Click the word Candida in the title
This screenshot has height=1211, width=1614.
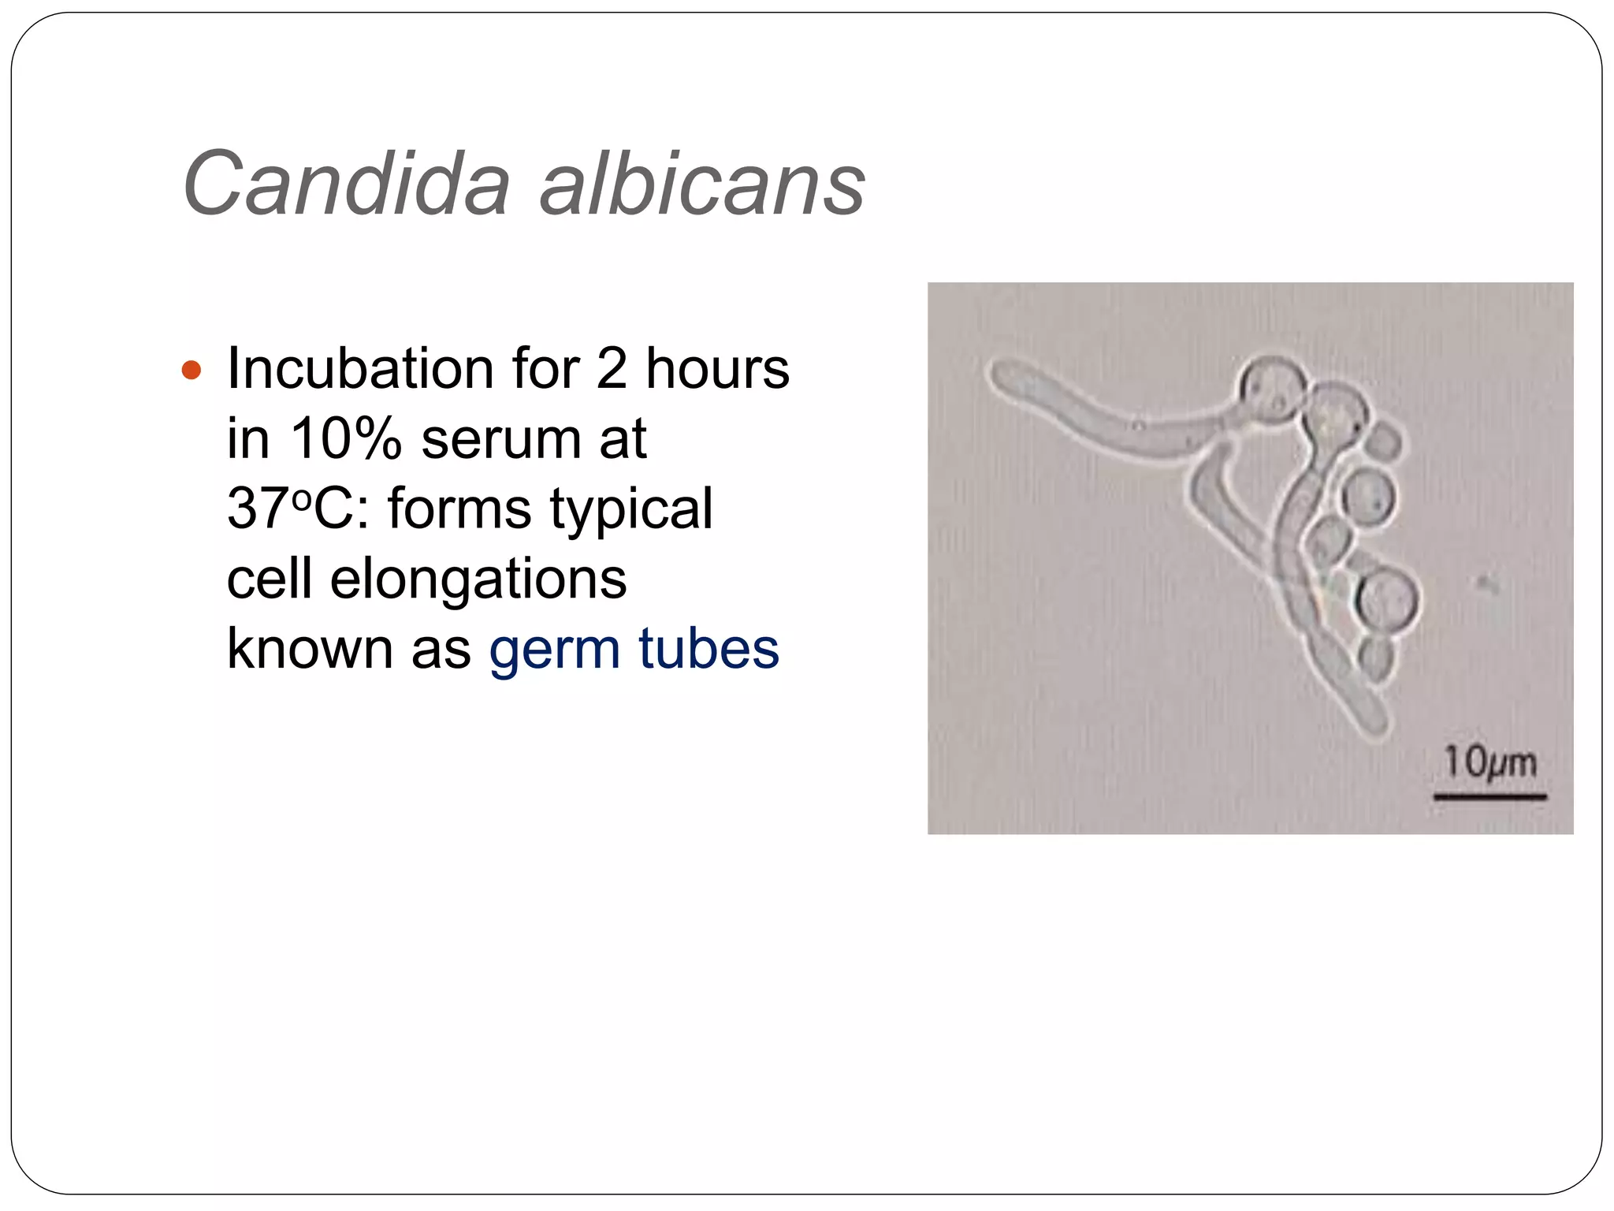click(x=347, y=183)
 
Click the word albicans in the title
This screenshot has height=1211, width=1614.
click(x=701, y=183)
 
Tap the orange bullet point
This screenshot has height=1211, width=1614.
click(x=192, y=370)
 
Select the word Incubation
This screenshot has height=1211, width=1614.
click(x=362, y=369)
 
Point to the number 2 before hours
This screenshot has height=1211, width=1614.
click(x=612, y=369)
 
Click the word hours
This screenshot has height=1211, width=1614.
click(x=717, y=369)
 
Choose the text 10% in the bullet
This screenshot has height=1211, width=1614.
click(x=346, y=438)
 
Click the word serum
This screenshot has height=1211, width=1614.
click(x=500, y=440)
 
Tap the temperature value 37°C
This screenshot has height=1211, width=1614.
click(x=289, y=509)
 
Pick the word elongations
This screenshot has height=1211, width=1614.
click(x=478, y=579)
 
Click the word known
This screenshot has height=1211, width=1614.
click(x=309, y=648)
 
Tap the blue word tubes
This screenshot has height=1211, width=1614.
click(x=708, y=648)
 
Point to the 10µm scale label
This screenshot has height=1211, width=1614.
click(x=1489, y=762)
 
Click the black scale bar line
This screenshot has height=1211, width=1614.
click(x=1489, y=797)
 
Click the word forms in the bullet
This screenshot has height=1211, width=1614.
click(x=459, y=509)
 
